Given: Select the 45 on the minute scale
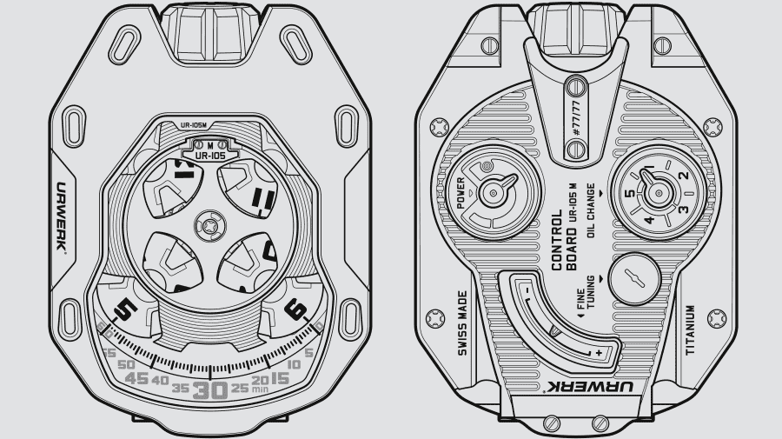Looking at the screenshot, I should (x=136, y=379).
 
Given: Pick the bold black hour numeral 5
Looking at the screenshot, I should (x=125, y=308).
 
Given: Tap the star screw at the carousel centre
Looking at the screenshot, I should (x=209, y=225).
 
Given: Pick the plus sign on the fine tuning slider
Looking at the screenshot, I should (x=599, y=353).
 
